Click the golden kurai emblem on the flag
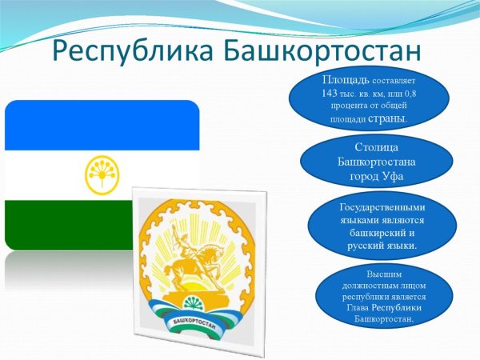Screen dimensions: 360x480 (102, 174)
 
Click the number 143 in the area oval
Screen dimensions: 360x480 (331, 94)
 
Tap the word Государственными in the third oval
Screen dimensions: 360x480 (376, 206)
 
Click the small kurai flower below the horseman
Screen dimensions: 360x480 (191, 302)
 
